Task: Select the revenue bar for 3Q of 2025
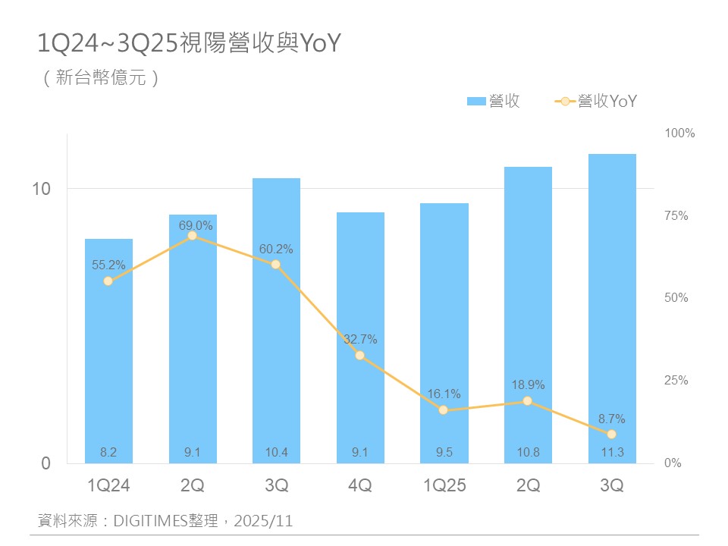[612, 303]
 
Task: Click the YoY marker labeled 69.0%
[193, 236]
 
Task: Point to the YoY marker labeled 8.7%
[612, 435]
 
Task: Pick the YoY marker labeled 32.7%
[360, 355]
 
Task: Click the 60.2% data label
[276, 249]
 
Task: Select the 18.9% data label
[528, 385]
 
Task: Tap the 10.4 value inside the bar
[276, 453]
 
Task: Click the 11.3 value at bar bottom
[612, 453]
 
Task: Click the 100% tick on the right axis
[679, 133]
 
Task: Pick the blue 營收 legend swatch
[475, 102]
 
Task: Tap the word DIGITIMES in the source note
[149, 521]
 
